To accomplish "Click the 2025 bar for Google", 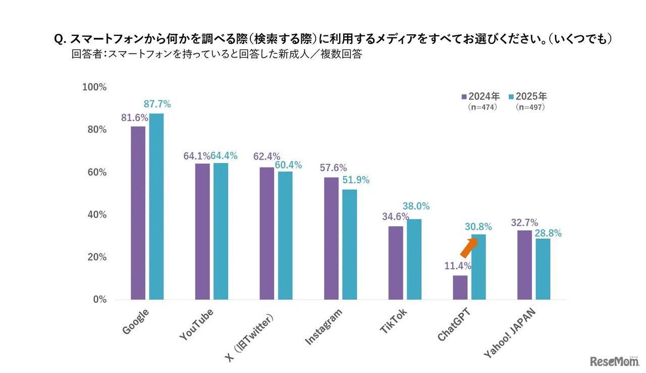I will click(156, 206).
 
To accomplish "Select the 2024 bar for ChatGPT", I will click(460, 287).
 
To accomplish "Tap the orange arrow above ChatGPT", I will click(469, 247).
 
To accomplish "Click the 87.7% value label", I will click(157, 104).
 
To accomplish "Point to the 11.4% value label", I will click(458, 266).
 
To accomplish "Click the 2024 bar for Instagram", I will click(332, 238).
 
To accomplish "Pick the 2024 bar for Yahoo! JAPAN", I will click(525, 264).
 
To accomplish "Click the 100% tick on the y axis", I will click(94, 87).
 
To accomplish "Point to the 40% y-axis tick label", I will click(97, 215).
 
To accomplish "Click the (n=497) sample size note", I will click(530, 108).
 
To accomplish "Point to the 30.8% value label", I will click(478, 228).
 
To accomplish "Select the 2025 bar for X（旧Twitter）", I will click(285, 235).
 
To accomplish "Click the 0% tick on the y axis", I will click(99, 300).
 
